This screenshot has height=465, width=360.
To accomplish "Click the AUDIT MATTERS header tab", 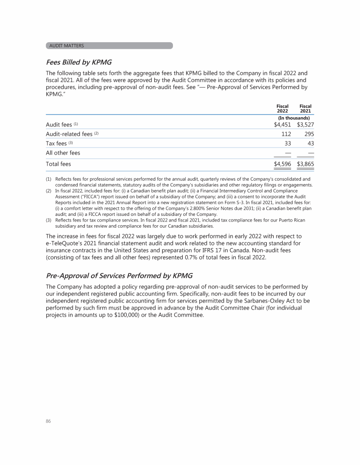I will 110,45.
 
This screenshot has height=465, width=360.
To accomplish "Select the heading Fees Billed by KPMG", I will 79,62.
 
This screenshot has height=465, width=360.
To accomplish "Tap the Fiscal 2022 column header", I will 282,108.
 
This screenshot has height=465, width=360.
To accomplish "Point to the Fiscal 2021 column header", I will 305,108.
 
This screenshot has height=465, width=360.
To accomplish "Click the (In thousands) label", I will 294,118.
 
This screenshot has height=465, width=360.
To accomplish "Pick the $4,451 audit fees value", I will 282,125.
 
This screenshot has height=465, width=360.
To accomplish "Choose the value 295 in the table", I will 308,134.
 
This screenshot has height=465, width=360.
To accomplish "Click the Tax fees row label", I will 56,143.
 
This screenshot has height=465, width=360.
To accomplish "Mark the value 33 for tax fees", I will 287,143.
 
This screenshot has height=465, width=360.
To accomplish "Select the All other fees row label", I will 63,153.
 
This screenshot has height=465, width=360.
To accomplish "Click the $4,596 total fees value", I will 282,164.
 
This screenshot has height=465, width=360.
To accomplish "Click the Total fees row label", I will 58,164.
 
